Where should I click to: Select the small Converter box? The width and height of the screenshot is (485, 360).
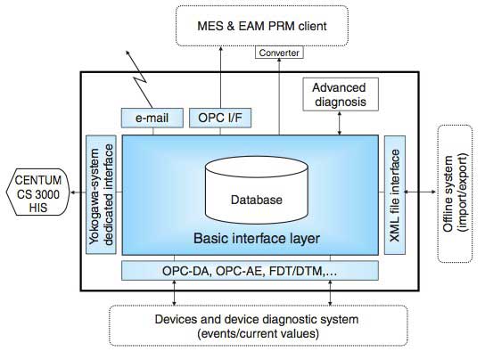pyautogui.click(x=277, y=53)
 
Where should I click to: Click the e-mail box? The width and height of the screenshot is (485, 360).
pyautogui.click(x=151, y=118)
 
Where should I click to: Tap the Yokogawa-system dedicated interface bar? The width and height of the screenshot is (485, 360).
pyautogui.click(x=100, y=194)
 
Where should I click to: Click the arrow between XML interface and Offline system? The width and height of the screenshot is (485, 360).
pyautogui.click(x=419, y=191)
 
